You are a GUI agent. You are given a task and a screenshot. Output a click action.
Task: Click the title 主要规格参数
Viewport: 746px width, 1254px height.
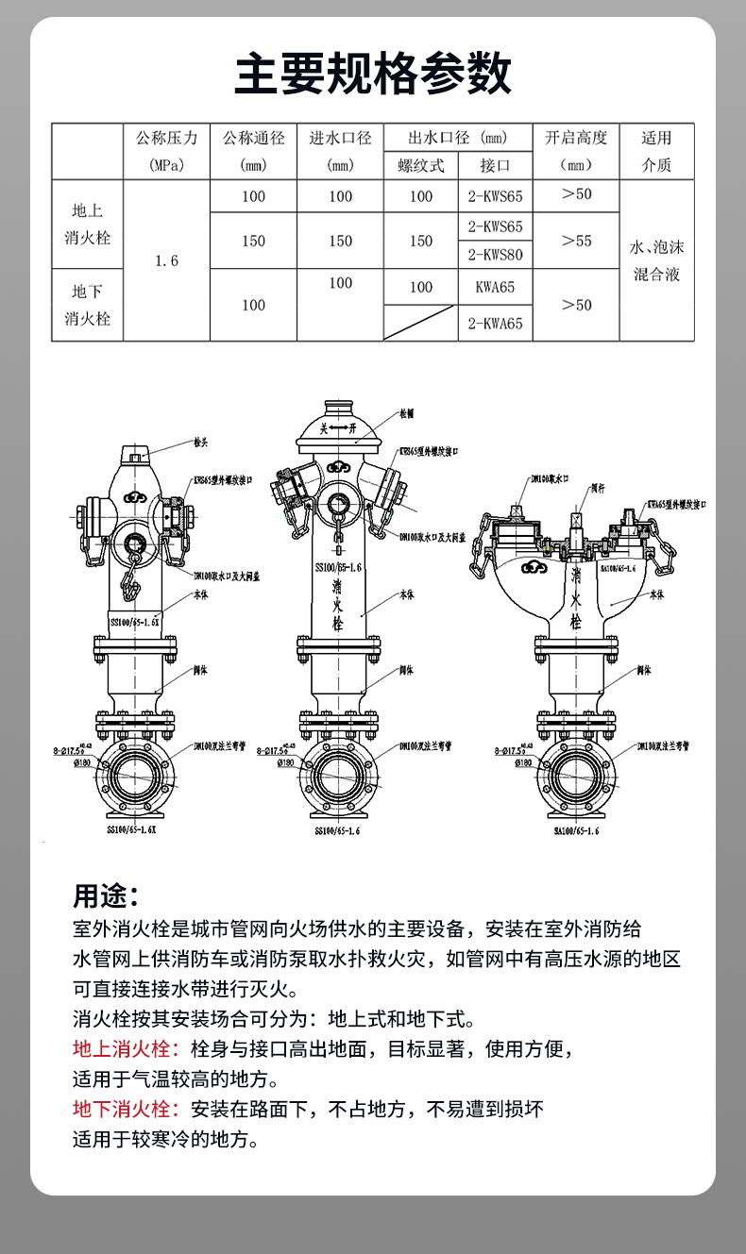(x=373, y=74)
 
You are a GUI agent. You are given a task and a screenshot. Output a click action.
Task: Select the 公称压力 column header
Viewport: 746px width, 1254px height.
(x=166, y=151)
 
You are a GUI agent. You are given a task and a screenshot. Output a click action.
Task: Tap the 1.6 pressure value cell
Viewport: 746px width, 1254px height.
(x=166, y=260)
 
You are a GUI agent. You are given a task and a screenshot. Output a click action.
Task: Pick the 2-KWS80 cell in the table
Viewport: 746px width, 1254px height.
(x=495, y=255)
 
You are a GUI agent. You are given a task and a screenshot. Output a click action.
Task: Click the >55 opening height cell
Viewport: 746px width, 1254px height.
(x=576, y=241)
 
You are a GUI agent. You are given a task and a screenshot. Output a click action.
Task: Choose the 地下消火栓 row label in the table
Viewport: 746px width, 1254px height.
(x=88, y=305)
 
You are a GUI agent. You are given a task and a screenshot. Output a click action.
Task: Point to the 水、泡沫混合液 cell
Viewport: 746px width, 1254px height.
(x=656, y=261)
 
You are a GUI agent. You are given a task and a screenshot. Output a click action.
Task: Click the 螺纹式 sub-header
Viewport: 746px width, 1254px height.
(x=421, y=165)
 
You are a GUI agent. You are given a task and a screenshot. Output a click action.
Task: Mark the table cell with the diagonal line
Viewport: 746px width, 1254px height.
(x=421, y=323)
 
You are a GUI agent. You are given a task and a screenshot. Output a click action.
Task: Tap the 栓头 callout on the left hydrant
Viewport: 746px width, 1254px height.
(x=200, y=442)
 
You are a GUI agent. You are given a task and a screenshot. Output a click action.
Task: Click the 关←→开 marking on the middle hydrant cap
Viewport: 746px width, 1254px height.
(x=339, y=428)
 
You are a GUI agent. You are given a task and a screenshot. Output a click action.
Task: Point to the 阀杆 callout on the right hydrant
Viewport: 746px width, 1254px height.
(x=597, y=489)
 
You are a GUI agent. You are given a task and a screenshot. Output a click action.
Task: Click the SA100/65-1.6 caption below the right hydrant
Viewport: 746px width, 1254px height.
(x=577, y=831)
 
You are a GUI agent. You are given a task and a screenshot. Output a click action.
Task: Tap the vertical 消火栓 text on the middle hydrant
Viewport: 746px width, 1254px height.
(x=337, y=606)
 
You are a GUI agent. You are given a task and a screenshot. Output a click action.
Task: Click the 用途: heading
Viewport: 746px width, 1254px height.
(x=107, y=895)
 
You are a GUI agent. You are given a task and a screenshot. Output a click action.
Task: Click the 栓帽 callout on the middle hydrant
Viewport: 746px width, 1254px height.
(x=407, y=413)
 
